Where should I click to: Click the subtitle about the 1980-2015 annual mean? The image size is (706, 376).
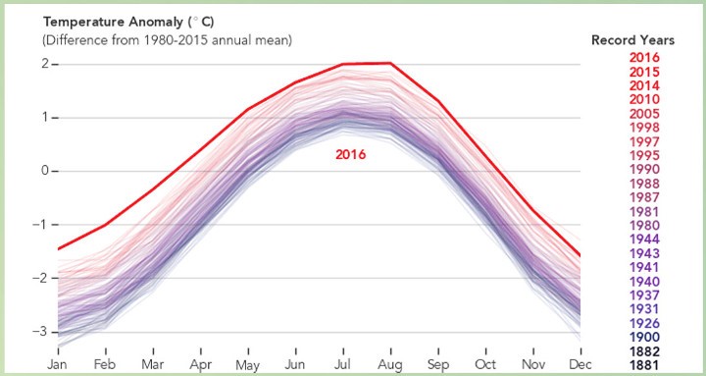[167, 40]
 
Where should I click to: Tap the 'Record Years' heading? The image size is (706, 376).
[632, 40]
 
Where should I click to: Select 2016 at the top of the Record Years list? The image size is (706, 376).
[644, 57]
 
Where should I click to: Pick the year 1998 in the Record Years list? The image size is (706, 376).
[644, 128]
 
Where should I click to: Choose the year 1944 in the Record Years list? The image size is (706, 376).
[644, 239]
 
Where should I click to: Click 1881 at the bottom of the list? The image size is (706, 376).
[644, 365]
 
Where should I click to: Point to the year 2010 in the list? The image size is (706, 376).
[644, 99]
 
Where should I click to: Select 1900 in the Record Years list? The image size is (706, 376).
[644, 337]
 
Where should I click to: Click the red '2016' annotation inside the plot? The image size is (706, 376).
[350, 154]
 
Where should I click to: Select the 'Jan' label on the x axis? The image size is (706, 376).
[58, 363]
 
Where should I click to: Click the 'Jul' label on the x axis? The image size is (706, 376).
[342, 363]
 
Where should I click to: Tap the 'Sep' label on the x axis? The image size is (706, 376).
[436, 363]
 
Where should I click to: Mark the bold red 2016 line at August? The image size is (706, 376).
[389, 64]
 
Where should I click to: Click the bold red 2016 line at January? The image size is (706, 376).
[58, 248]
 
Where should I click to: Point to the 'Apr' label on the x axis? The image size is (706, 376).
[200, 363]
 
